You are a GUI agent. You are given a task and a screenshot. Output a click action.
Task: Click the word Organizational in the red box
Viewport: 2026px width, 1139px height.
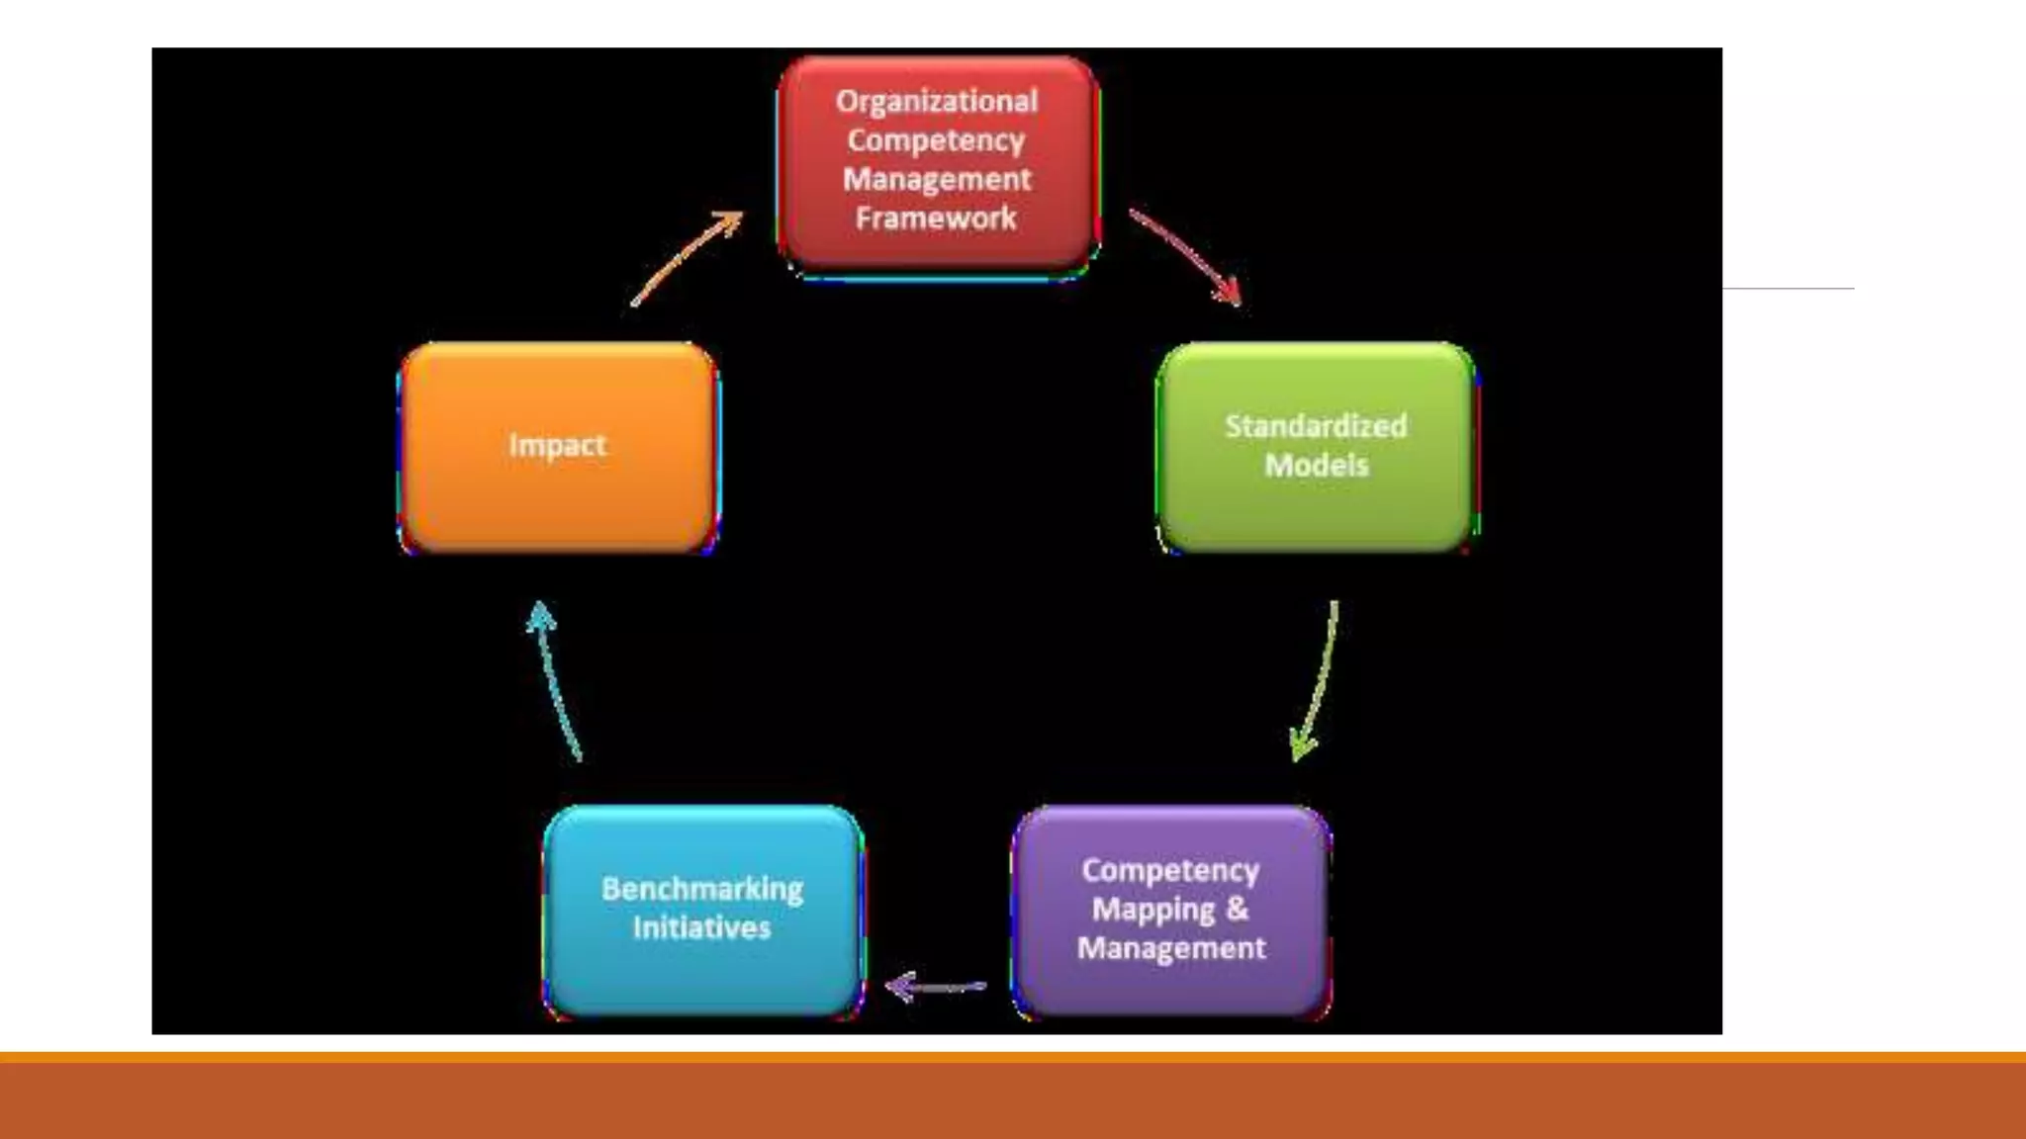click(936, 102)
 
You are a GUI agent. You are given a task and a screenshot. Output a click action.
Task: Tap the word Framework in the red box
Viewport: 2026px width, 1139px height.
click(936, 219)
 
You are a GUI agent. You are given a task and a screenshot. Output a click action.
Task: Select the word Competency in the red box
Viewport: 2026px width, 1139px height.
click(936, 140)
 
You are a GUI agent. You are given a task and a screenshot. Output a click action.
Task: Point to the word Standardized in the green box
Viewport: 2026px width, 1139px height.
click(1316, 426)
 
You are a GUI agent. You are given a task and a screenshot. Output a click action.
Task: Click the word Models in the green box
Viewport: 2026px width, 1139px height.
click(1316, 465)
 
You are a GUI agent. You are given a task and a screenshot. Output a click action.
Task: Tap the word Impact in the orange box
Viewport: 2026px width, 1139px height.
click(557, 445)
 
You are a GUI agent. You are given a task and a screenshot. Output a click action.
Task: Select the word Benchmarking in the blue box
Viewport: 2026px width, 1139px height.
click(701, 889)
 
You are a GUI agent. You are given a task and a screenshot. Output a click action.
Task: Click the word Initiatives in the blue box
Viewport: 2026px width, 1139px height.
click(701, 927)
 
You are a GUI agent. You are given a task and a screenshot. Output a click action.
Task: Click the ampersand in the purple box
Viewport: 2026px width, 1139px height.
click(1237, 908)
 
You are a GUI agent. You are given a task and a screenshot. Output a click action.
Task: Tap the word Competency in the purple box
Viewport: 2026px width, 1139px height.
click(1170, 870)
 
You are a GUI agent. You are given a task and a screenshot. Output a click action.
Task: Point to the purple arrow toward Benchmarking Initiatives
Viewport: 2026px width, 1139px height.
click(935, 986)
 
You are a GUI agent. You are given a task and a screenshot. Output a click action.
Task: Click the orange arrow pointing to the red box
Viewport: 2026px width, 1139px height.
click(687, 258)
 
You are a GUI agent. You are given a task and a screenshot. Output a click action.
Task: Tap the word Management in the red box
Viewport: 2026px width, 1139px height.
click(936, 180)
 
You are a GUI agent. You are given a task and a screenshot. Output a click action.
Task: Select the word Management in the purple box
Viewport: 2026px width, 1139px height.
click(1170, 948)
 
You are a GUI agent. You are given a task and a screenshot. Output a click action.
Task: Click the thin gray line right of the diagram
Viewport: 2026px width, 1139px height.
click(1789, 289)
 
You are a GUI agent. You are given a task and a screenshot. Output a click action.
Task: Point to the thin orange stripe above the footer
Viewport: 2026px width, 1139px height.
click(1013, 1057)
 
